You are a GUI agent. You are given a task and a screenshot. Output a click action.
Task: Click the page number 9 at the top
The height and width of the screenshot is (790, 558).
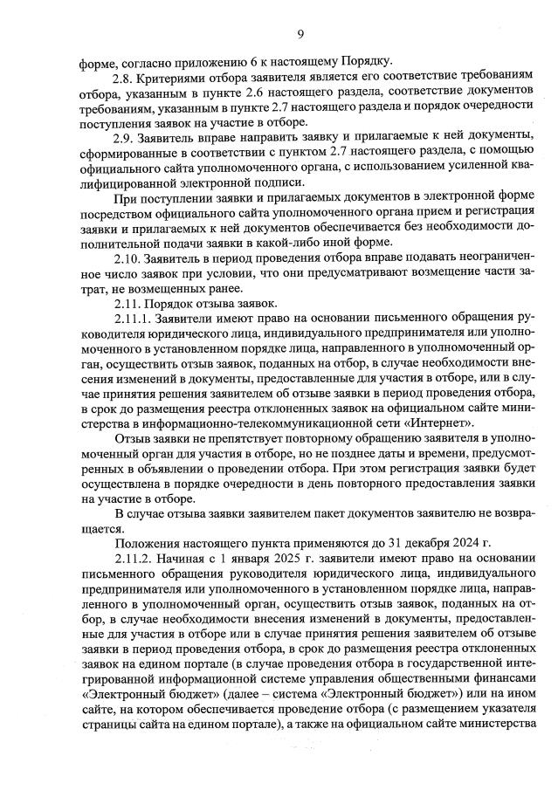tap(300, 34)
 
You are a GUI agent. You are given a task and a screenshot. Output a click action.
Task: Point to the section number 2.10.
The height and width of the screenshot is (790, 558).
tap(130, 259)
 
